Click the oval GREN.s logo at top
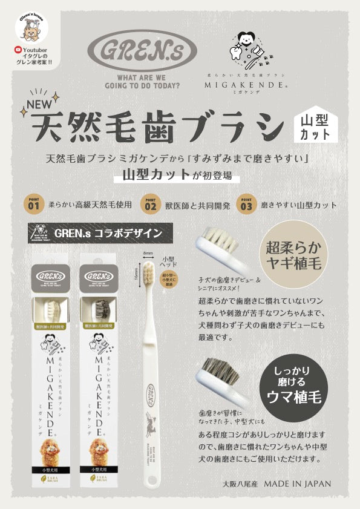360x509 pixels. [142, 51]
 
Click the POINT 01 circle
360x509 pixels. [31, 204]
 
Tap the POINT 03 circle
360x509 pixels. [246, 204]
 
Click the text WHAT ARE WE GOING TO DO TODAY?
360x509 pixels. [142, 82]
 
